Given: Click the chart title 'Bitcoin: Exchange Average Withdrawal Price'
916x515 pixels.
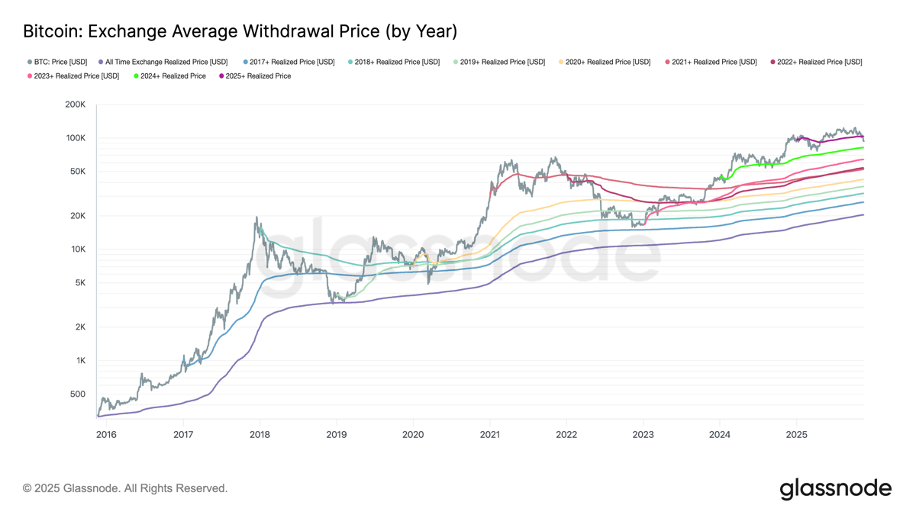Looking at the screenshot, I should (240, 31).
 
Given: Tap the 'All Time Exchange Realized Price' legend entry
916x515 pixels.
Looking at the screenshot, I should (163, 62).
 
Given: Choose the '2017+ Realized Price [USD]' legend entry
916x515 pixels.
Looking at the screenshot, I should (289, 62).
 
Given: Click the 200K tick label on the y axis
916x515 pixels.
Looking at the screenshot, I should (76, 105).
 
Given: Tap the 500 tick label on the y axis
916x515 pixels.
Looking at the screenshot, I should (78, 394).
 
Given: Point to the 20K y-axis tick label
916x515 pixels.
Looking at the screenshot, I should (77, 216).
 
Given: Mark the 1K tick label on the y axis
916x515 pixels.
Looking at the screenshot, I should (79, 361).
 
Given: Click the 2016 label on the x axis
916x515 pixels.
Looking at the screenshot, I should (106, 435).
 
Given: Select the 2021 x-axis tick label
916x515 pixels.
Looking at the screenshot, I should (489, 435).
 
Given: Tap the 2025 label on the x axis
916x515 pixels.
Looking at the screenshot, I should (796, 435).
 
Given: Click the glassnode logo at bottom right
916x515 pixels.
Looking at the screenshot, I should (835, 488).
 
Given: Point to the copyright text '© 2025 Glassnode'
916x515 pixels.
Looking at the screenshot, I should (125, 488).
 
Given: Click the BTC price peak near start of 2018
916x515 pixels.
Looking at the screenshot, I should (257, 217).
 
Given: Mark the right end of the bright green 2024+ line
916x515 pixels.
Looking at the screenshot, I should (863, 148).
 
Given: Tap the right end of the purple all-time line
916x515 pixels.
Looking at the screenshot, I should (863, 214).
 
